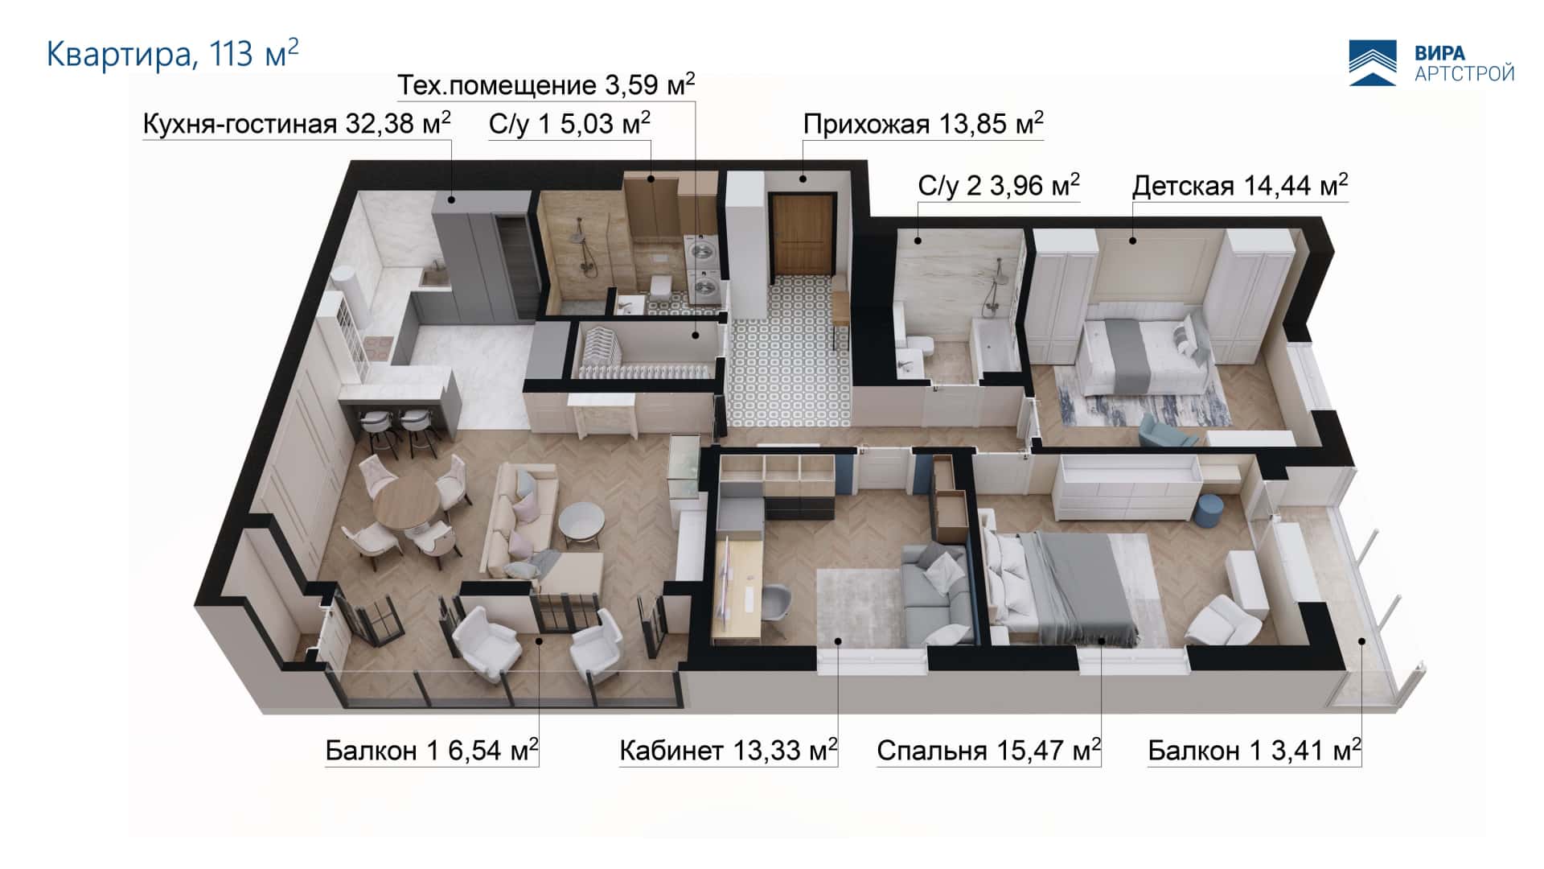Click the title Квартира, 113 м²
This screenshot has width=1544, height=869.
(x=173, y=54)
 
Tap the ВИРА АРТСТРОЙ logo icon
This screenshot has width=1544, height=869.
(x=1373, y=63)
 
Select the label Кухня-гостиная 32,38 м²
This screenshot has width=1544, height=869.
(x=297, y=123)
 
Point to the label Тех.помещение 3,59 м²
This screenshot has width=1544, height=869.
(x=547, y=84)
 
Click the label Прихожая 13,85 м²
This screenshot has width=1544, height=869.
(x=923, y=123)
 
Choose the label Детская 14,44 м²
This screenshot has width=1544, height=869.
(x=1240, y=186)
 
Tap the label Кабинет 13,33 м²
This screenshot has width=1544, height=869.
(x=729, y=751)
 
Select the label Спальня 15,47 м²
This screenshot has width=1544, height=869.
(x=988, y=751)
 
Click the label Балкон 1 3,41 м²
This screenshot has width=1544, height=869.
(x=1254, y=751)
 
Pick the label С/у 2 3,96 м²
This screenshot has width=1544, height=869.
(x=999, y=186)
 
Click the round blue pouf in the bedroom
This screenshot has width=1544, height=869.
(x=1209, y=512)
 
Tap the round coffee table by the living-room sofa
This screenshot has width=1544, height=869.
(x=581, y=521)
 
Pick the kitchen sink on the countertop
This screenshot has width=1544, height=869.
(x=435, y=278)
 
